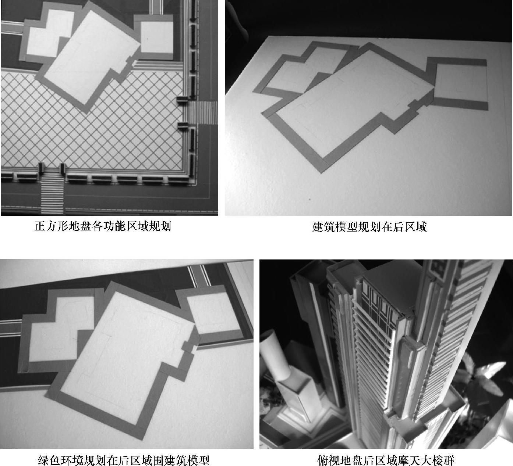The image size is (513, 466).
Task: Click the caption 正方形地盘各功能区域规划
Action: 103,226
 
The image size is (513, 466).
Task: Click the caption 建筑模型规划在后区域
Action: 369,227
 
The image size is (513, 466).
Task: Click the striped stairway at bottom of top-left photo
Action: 52,191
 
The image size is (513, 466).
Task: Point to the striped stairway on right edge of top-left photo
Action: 202,113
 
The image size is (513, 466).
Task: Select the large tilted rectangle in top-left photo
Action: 89,57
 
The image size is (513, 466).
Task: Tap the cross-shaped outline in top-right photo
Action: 304,69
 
